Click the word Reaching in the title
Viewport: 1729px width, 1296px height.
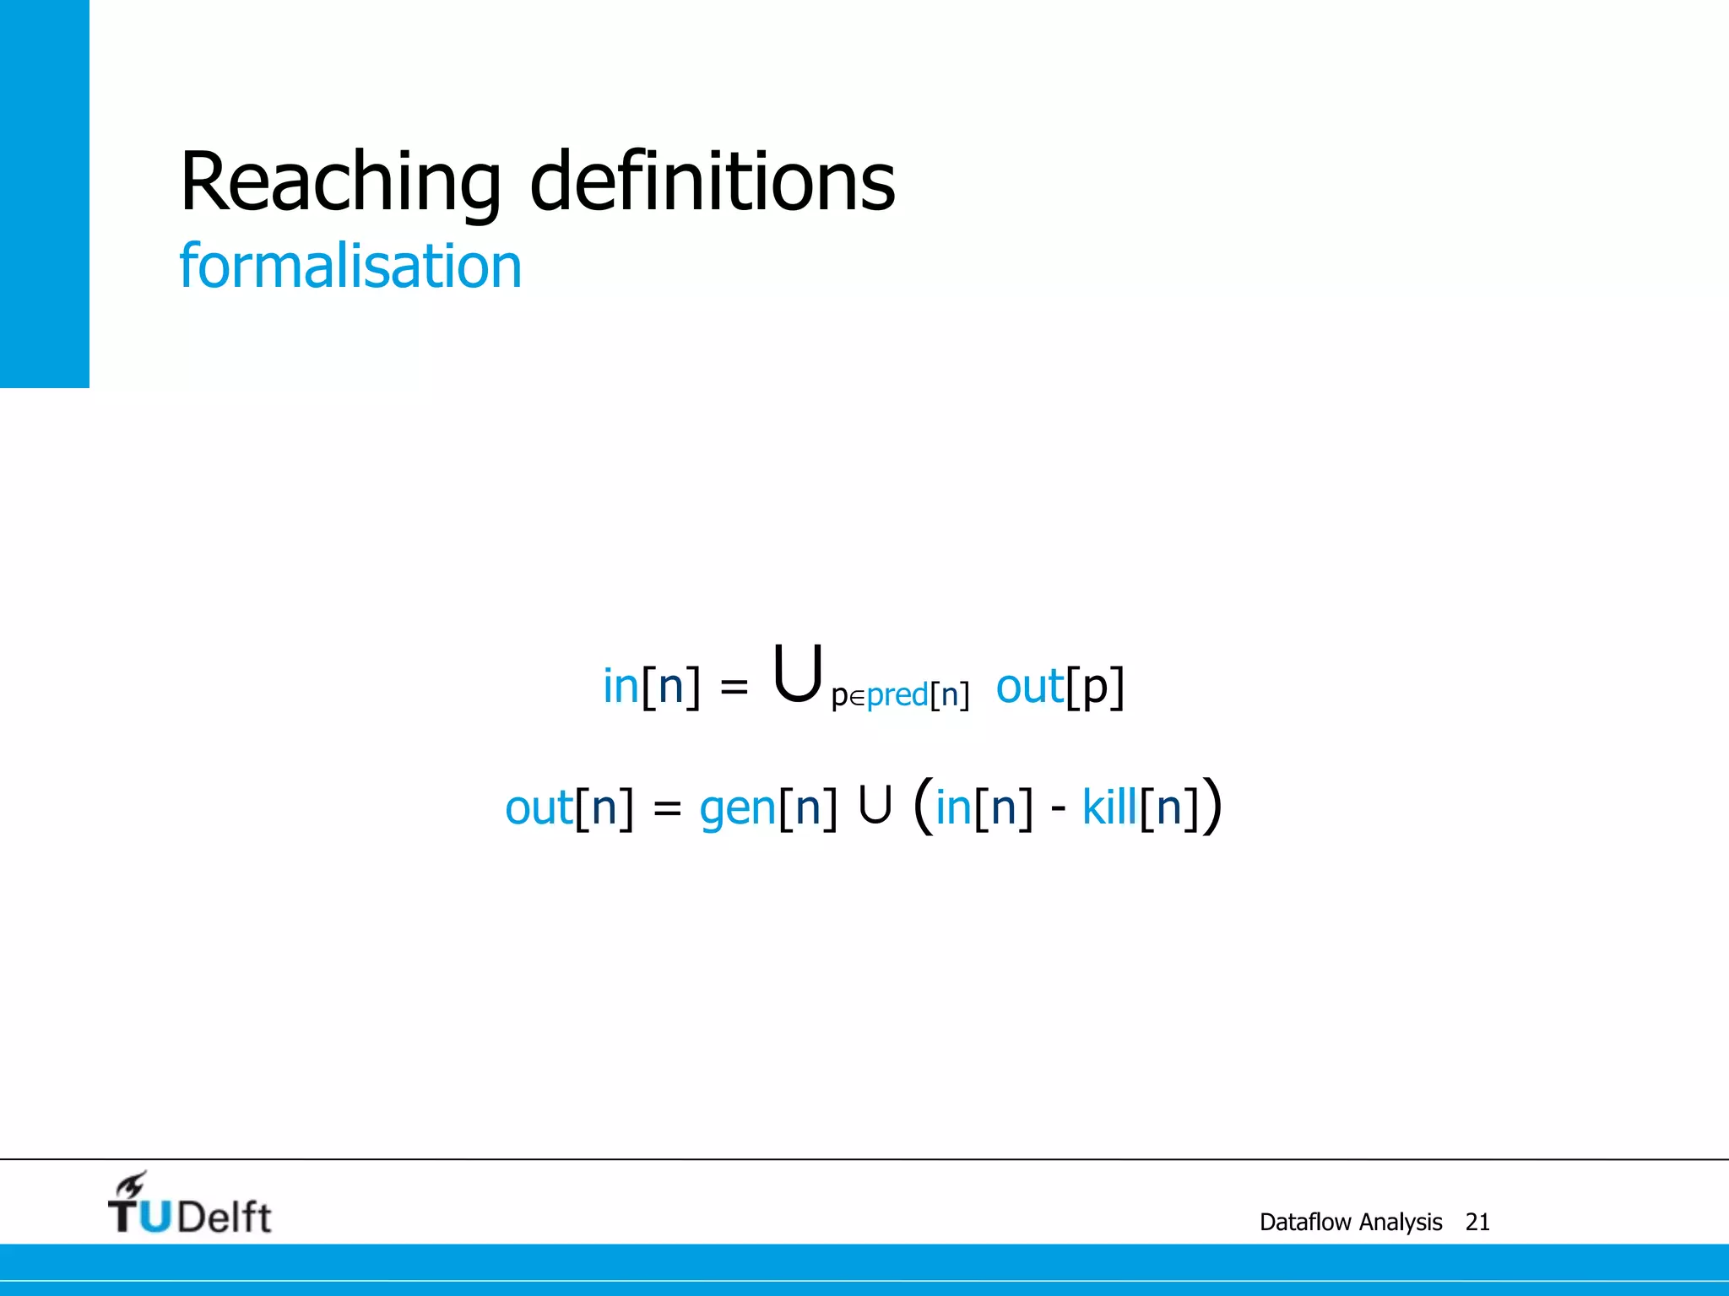(340, 182)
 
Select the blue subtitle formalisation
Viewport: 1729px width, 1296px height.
(350, 267)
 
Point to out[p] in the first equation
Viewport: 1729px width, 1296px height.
(1060, 687)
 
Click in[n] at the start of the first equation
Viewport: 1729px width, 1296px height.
(651, 687)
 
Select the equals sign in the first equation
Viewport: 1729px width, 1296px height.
(734, 688)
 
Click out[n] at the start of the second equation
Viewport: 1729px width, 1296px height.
(568, 807)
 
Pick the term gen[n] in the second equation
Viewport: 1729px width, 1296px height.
(767, 807)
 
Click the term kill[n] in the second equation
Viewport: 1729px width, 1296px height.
(1140, 807)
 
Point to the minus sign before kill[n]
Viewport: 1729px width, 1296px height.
(1058, 810)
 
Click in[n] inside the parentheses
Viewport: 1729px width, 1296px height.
(984, 807)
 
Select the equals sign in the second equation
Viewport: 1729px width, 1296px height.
(667, 809)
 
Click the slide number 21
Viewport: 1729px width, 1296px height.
(1477, 1222)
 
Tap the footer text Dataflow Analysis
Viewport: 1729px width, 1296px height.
(1350, 1222)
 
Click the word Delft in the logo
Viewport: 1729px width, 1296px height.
(225, 1217)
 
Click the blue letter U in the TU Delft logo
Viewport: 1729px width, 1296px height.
(154, 1216)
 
